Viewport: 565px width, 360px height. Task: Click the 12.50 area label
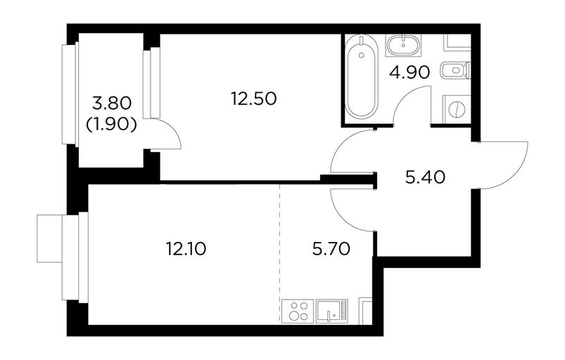click(x=254, y=98)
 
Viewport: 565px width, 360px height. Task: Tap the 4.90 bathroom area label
click(x=410, y=72)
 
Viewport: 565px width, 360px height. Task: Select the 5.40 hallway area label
click(x=425, y=177)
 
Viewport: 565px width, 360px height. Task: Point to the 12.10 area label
click(x=186, y=249)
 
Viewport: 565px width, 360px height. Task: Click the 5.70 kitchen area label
click(x=331, y=249)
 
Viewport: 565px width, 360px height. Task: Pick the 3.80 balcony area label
click(x=111, y=104)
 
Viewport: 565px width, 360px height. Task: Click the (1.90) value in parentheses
click(x=111, y=124)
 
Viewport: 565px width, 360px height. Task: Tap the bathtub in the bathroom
click(x=362, y=77)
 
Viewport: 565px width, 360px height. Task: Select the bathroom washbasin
click(x=403, y=46)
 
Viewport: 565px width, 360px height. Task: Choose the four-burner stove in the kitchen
click(x=298, y=311)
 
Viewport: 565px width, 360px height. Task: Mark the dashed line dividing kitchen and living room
click(x=280, y=254)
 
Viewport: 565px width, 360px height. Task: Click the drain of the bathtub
click(x=362, y=55)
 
